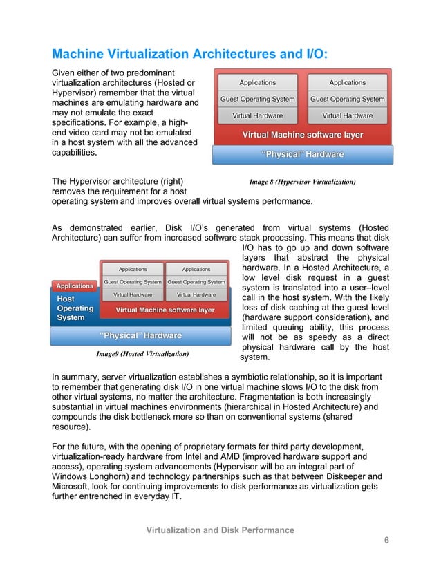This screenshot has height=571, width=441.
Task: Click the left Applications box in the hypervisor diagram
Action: pos(257,82)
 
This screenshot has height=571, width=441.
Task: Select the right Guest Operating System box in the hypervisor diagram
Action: pos(347,99)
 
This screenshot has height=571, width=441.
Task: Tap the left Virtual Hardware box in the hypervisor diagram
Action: pos(257,115)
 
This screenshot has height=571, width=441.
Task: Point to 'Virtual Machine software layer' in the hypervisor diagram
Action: pos(302,135)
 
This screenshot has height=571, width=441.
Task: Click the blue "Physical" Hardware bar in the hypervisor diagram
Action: pos(302,154)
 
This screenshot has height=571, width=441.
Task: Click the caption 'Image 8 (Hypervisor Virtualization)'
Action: pos(302,182)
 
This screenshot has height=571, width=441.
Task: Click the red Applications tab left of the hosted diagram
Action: pos(75,285)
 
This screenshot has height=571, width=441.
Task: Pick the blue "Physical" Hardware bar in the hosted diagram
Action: pos(141,336)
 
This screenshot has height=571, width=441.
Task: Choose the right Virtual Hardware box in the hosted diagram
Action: pos(196,295)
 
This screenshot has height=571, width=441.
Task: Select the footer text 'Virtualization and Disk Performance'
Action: pos(220,530)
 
